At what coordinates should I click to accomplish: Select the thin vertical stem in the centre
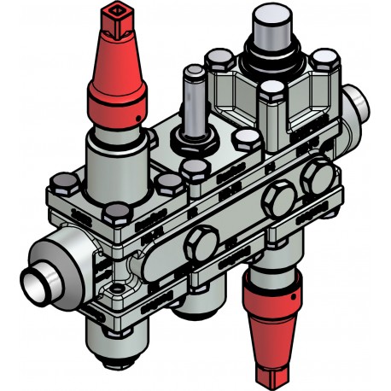coord(192,98)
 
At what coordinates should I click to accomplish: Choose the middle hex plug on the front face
coord(278,201)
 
